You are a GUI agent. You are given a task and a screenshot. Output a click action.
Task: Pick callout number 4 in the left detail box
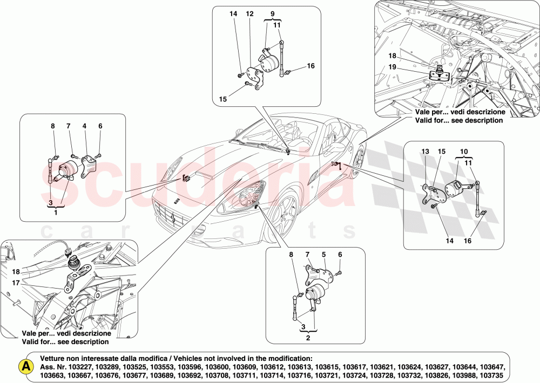[x=84, y=126]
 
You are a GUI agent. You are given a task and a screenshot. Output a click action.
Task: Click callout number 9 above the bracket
[x=272, y=13]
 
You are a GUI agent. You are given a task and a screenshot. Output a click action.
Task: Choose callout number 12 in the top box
[x=249, y=13]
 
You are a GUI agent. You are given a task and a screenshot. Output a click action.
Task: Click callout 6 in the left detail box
[x=100, y=126]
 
